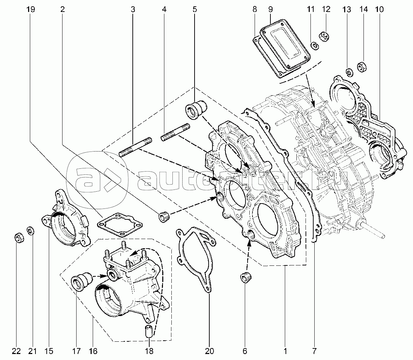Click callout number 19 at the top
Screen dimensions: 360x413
[31, 9]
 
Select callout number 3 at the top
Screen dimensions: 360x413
[133, 9]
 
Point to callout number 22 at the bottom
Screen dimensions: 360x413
[17, 351]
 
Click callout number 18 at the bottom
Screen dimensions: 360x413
[149, 351]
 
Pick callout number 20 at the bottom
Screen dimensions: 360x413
[209, 351]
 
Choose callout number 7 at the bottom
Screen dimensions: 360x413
[314, 351]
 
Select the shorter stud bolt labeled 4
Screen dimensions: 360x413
[176, 131]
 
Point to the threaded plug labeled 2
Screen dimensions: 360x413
[164, 217]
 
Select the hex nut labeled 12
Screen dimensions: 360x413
[325, 36]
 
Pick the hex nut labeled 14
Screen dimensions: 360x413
[362, 66]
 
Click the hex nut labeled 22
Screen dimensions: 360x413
[18, 237]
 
